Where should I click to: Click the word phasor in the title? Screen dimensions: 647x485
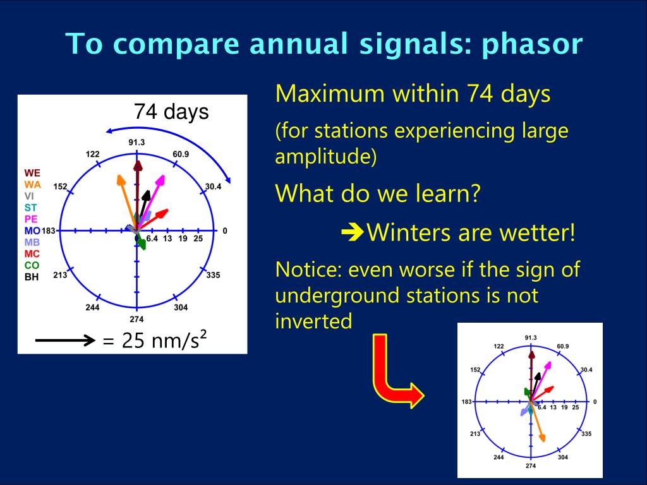(532, 45)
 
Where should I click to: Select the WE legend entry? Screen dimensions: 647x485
(32, 173)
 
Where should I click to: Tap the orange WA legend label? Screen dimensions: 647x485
(33, 184)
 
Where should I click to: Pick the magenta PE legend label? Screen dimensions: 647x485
(31, 219)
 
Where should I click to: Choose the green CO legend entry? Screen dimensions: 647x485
(32, 265)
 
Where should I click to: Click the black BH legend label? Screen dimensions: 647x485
(32, 277)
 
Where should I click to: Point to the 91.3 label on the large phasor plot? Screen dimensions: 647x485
(136, 142)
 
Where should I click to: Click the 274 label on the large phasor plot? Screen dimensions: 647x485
(136, 319)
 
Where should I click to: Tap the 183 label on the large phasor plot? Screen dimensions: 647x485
(48, 231)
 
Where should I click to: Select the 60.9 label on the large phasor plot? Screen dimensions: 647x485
(181, 154)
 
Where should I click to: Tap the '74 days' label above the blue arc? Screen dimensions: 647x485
(171, 111)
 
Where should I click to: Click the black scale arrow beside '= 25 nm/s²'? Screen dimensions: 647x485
(65, 340)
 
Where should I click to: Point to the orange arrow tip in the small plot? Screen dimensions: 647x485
(543, 440)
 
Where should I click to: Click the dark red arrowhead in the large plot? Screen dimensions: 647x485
(138, 166)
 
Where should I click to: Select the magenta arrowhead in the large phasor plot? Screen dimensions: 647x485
(161, 180)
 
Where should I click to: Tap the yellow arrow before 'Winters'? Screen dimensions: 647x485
(353, 233)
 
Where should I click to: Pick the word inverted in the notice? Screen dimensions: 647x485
(313, 321)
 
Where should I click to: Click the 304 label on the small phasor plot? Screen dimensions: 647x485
(563, 457)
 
